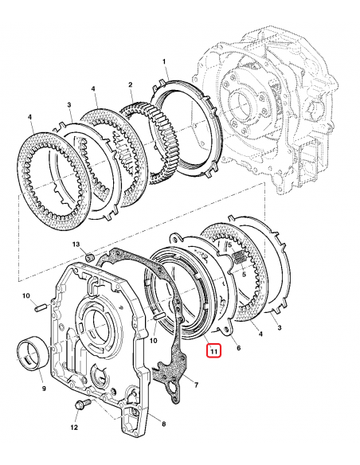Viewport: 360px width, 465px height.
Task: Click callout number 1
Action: click(164, 61)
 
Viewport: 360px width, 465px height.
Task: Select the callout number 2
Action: click(130, 84)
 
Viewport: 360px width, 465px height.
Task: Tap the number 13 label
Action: click(76, 244)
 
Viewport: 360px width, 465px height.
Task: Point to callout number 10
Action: click(25, 296)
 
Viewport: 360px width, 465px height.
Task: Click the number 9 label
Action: click(43, 389)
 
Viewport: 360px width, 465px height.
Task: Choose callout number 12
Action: click(74, 428)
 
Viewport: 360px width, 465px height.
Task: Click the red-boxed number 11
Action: click(213, 350)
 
